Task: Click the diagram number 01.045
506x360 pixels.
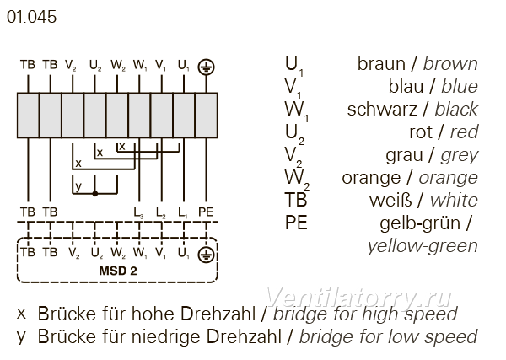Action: tap(32, 17)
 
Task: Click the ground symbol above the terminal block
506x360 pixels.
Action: tap(207, 67)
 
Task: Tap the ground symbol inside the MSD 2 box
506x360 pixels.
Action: tap(207, 255)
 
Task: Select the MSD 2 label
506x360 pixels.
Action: tap(118, 271)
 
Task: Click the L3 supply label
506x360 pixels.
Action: tap(139, 212)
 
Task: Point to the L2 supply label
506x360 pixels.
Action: tap(161, 212)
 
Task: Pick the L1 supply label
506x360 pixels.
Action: tap(183, 212)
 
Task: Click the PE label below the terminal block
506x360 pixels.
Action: tap(206, 212)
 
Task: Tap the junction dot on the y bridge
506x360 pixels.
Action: tap(94, 194)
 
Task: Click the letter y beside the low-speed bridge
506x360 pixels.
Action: tap(78, 186)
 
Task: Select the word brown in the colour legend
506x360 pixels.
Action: tap(450, 63)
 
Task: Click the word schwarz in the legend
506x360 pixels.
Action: tap(382, 110)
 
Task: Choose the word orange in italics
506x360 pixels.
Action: tap(449, 179)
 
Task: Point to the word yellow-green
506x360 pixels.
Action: tap(423, 246)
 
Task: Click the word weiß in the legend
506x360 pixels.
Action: tap(390, 201)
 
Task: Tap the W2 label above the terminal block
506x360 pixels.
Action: tap(118, 66)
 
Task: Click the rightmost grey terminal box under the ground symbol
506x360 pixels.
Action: tap(207, 116)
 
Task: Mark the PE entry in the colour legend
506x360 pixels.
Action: tap(296, 223)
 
